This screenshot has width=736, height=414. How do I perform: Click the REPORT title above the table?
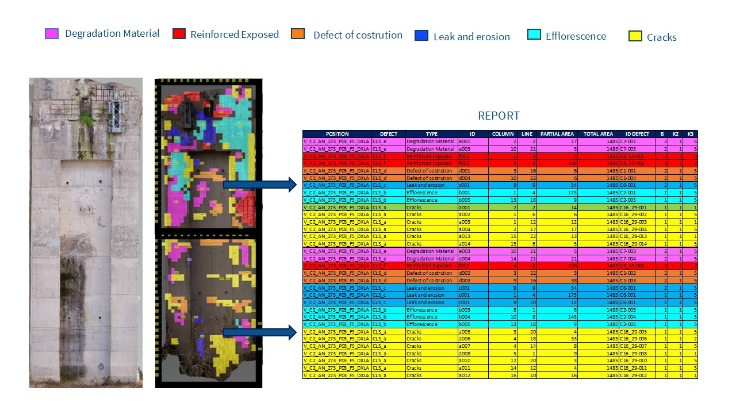coord(499,116)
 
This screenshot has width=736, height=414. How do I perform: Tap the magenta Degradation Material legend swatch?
coord(52,33)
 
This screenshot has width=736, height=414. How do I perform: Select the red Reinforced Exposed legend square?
coord(179,33)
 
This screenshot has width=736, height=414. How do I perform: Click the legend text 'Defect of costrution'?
coord(358,35)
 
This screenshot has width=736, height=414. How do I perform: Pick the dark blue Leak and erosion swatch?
coord(421,35)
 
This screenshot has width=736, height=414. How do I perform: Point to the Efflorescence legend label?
coord(576,36)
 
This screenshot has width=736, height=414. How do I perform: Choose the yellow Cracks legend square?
coord(635,36)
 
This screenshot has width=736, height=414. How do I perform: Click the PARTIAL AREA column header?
coord(557,134)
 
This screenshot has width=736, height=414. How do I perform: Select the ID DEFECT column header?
coord(637,134)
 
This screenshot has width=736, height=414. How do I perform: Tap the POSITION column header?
coord(337,134)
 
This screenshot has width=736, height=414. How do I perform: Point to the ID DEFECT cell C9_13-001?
coord(637,156)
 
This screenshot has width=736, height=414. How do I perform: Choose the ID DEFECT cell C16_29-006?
coord(637,339)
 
